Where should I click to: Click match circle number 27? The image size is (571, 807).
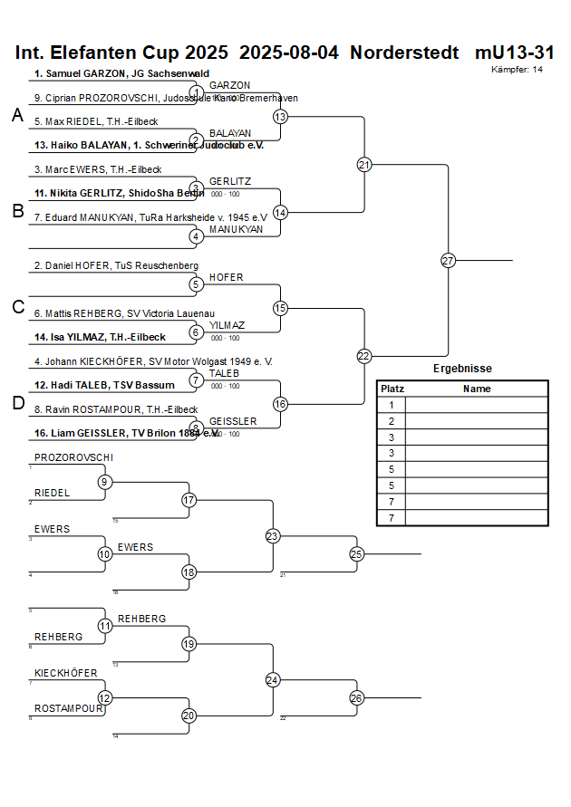(448, 261)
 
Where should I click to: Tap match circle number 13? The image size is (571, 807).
(280, 117)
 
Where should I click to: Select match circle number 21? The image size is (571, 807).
(364, 165)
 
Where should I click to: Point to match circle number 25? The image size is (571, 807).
(356, 553)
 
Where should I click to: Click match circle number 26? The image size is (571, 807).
(356, 697)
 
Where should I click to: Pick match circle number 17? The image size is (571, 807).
(189, 500)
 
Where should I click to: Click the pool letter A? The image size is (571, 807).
(17, 116)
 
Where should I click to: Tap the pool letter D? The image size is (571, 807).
(17, 404)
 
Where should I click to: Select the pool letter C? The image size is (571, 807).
(17, 308)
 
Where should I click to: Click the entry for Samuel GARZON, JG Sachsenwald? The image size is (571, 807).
(121, 73)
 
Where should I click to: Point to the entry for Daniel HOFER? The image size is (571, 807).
(115, 265)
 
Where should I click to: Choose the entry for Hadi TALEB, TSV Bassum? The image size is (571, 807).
(104, 385)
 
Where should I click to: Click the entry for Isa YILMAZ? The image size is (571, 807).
(100, 337)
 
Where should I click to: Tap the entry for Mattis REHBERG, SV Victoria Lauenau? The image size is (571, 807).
(121, 313)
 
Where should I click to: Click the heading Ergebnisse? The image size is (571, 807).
(462, 369)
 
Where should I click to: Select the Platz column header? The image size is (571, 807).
(392, 389)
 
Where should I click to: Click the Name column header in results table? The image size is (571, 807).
(477, 389)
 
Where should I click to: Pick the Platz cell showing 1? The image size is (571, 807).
(392, 405)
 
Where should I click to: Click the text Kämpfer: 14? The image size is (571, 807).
(518, 69)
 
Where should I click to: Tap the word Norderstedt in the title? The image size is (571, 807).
(404, 53)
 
